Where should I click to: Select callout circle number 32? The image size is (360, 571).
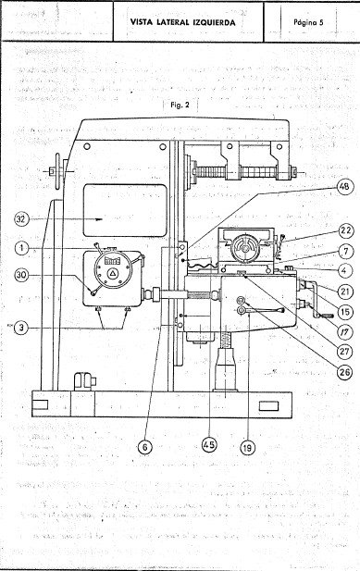click(x=21, y=220)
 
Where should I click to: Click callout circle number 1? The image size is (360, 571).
click(x=21, y=248)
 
